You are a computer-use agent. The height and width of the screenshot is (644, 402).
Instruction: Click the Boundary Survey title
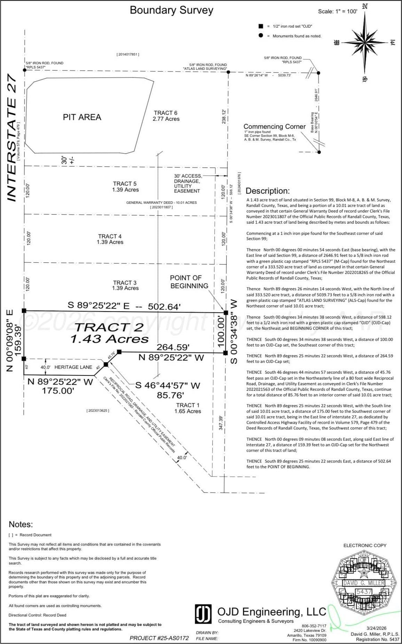pos(171,10)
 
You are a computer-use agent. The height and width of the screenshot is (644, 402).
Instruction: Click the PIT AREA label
pos(82,117)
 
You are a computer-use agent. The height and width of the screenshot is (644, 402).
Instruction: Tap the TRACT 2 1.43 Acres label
pos(109,333)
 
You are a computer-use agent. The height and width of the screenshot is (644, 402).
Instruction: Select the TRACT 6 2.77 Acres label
pos(166,116)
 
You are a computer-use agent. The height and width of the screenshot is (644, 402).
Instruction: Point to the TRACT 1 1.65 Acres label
pos(188,408)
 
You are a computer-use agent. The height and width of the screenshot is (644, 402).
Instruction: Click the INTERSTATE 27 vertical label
pos(13,137)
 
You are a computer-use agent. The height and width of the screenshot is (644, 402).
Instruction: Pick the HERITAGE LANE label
pos(73,367)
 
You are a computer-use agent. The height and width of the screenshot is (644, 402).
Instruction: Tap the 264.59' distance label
pos(173,347)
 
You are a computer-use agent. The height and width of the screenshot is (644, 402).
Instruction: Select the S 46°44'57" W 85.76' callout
pos(168,390)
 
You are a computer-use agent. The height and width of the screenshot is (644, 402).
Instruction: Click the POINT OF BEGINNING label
pos(189,282)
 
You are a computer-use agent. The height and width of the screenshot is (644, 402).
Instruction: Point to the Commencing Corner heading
pos(274,127)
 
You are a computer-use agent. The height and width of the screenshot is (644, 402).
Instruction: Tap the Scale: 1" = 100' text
pos(337,12)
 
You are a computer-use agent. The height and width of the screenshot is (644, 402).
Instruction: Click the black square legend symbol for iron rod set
pos(261,26)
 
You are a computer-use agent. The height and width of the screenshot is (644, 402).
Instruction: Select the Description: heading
pos(268,191)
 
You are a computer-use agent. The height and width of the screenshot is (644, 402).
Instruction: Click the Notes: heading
pos(21,524)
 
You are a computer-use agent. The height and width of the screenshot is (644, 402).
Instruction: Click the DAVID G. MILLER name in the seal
pos(364,583)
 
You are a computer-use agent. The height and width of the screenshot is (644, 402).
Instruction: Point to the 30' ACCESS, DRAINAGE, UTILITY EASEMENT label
pos(187,184)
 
